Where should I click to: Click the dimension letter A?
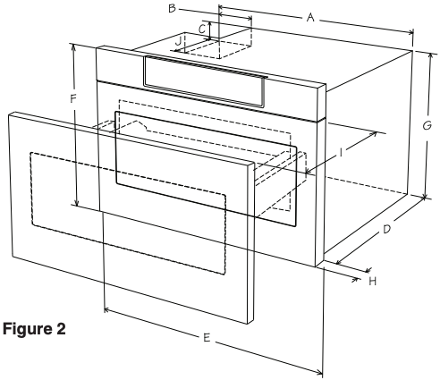[310, 18]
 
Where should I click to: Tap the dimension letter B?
[172, 8]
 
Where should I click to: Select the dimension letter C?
[202, 30]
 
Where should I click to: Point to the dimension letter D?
[386, 229]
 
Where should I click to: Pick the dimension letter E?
[207, 338]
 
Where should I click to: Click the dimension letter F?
[73, 98]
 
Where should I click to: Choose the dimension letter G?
[427, 125]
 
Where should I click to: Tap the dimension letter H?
[373, 281]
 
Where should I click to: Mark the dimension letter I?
[341, 153]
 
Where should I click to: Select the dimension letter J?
[178, 41]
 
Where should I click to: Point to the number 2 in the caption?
[60, 329]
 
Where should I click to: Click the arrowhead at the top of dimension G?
[430, 56]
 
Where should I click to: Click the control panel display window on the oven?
[205, 81]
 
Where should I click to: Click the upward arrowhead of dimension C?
[210, 24]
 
